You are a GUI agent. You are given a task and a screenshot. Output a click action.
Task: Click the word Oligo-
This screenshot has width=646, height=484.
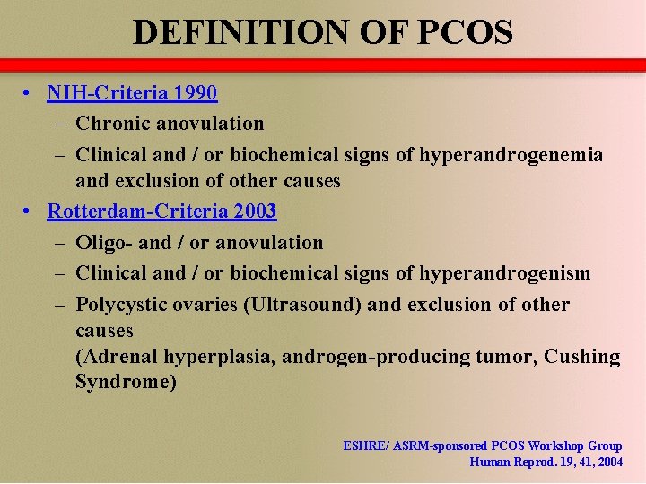point(104,242)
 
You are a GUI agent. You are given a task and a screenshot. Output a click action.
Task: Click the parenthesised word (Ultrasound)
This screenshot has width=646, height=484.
point(302,304)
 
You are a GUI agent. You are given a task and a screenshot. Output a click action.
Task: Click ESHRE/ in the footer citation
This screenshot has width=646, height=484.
point(367,445)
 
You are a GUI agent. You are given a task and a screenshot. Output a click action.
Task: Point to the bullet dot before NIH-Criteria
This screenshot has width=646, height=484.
point(30,92)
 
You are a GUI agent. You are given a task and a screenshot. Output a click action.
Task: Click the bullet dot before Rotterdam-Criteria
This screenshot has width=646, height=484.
point(30,212)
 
